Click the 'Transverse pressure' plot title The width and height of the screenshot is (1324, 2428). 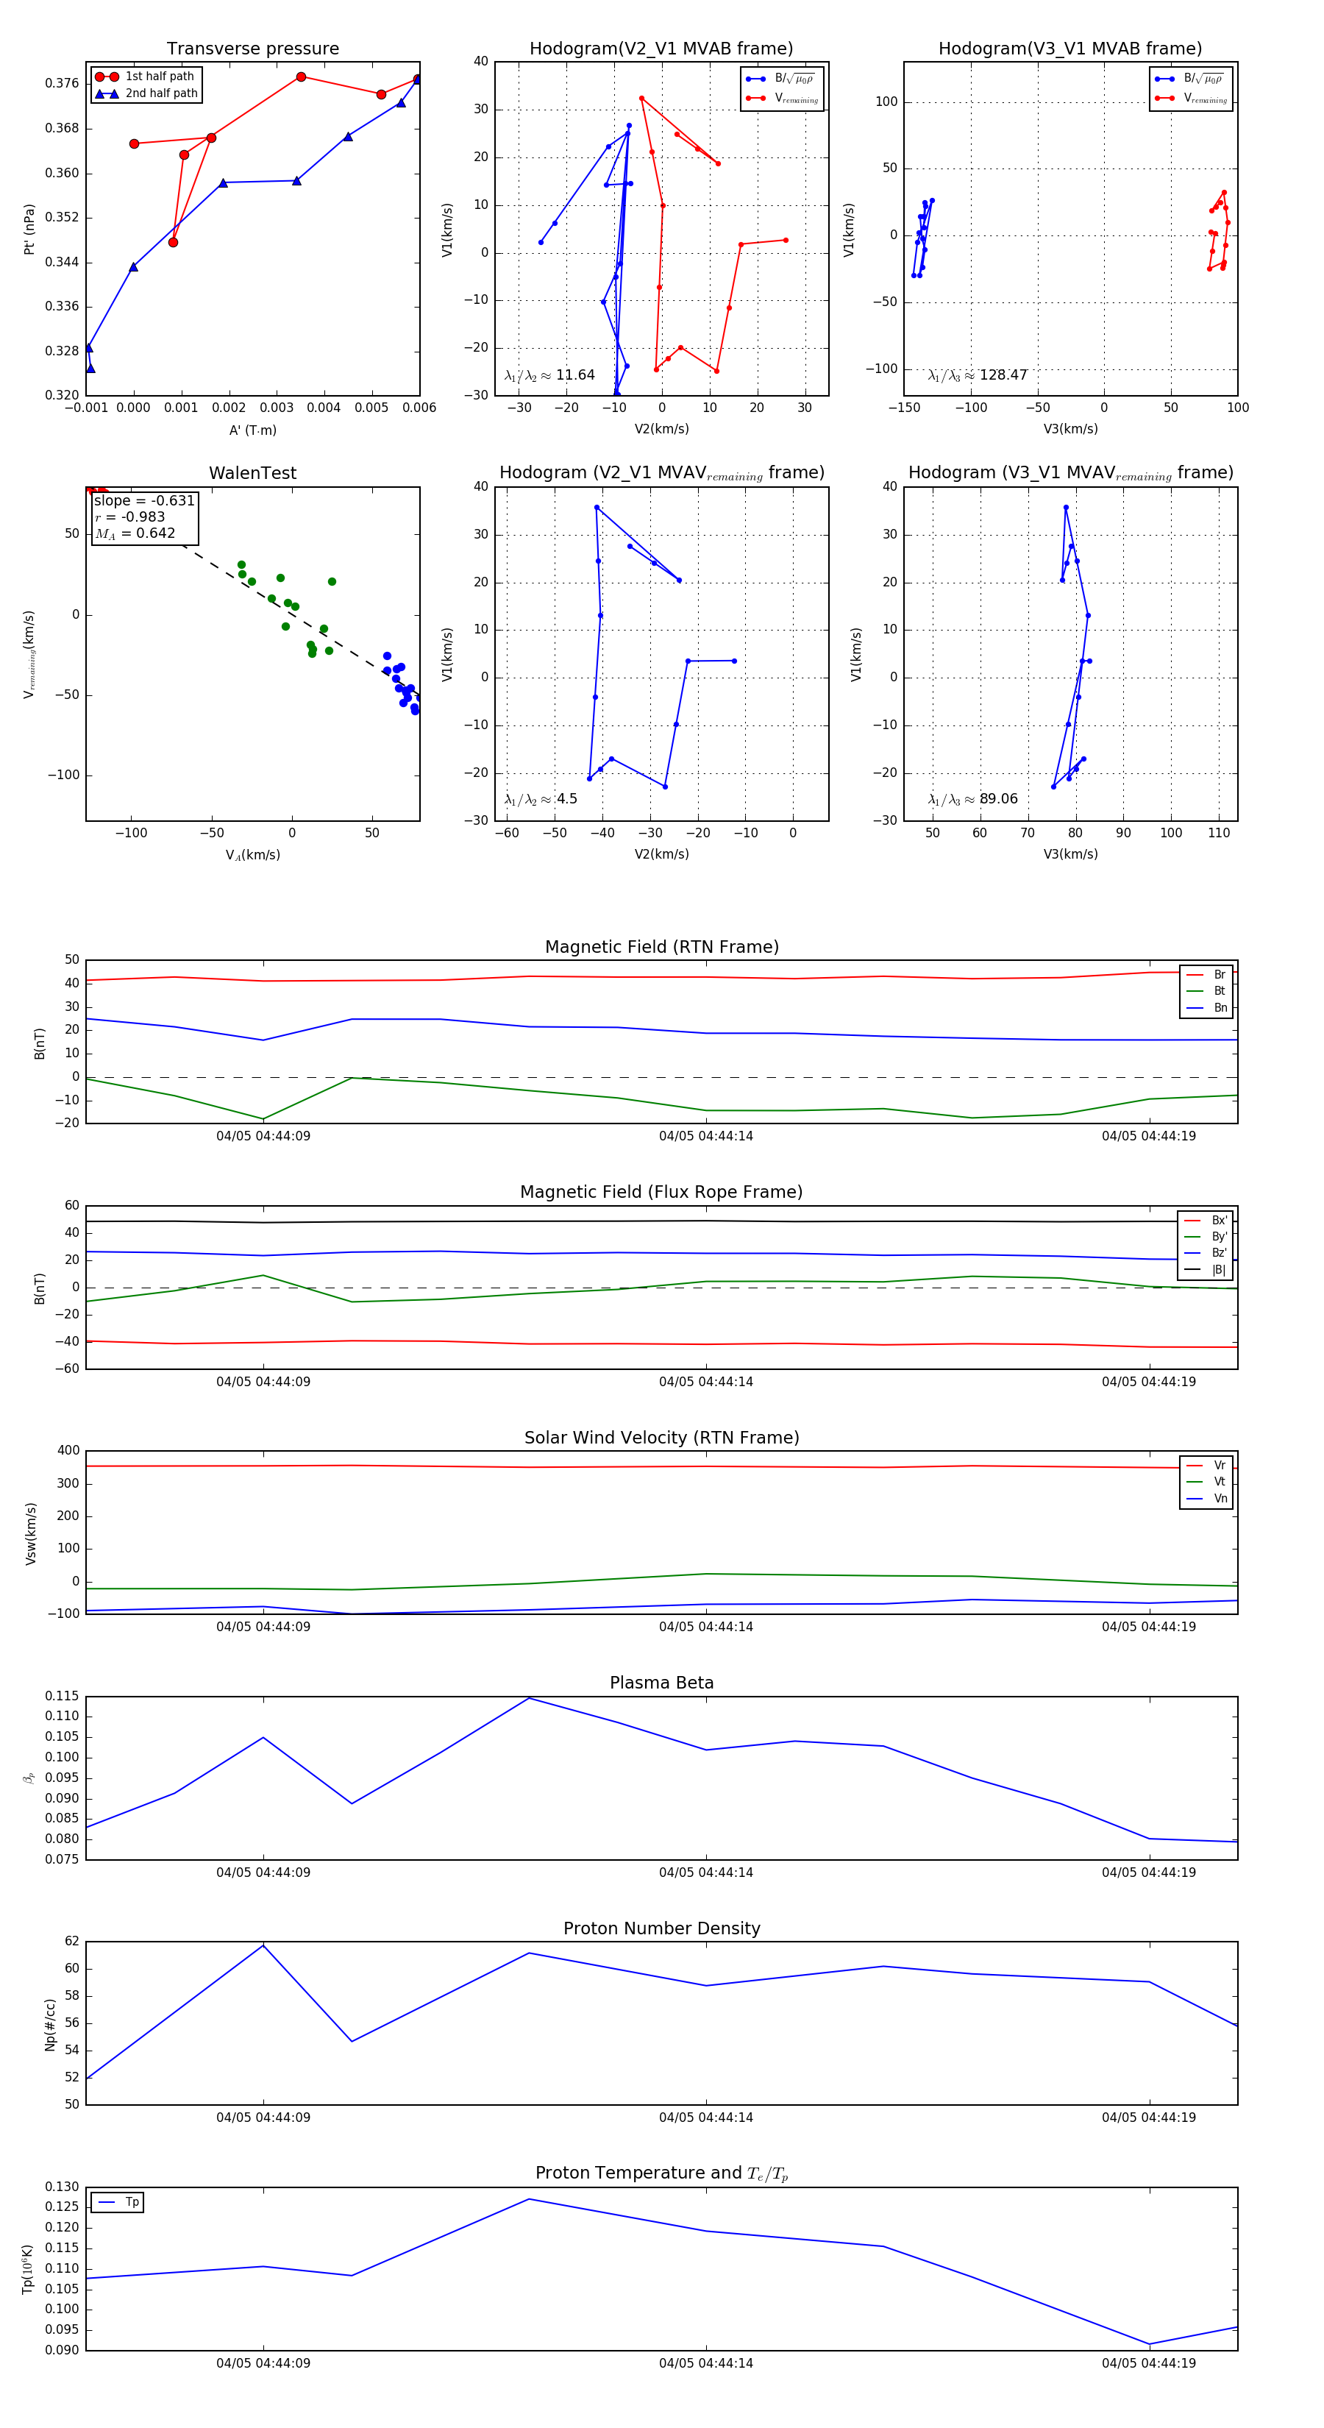(252, 49)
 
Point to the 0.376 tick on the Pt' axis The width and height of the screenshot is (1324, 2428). (63, 83)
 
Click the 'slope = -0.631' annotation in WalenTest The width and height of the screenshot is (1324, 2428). (144, 500)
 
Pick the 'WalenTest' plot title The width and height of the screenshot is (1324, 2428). (252, 473)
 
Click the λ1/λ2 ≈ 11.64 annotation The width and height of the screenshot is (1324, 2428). (549, 375)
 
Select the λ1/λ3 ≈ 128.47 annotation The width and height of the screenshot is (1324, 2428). (978, 375)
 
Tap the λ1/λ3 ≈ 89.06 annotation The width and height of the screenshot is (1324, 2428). (972, 799)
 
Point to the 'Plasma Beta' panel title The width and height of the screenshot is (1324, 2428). (661, 1683)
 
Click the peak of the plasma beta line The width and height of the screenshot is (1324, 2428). (529, 1698)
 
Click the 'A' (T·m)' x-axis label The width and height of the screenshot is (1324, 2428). (252, 430)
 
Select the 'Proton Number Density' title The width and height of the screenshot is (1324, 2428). (661, 1928)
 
